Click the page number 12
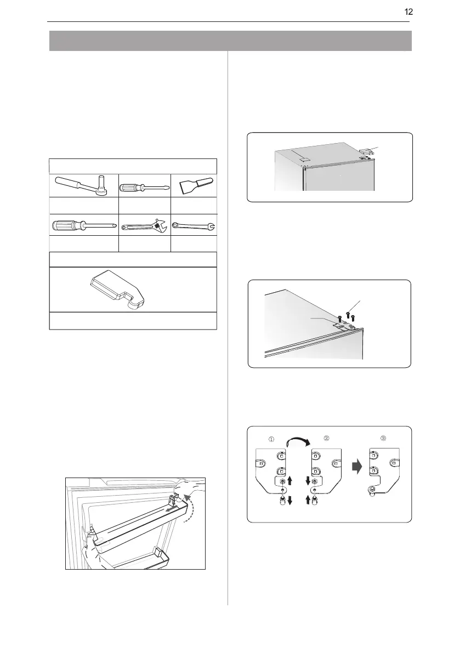click(x=408, y=12)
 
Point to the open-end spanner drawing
click(x=194, y=224)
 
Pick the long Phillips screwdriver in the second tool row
click(x=83, y=225)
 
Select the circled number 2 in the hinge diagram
click(x=327, y=438)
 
